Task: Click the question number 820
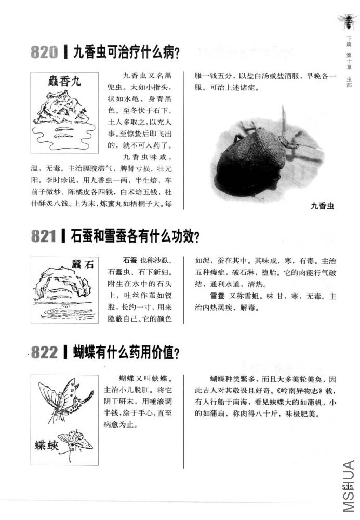tap(44, 52)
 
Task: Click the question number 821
tap(44, 236)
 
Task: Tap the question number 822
tap(45, 352)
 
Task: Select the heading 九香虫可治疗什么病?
tap(126, 52)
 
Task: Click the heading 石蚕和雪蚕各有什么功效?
tap(135, 236)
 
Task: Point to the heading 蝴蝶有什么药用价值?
tap(126, 352)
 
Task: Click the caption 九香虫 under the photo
tap(322, 206)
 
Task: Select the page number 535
tap(347, 487)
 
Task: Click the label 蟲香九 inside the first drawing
tap(64, 81)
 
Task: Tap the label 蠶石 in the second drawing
tap(83, 264)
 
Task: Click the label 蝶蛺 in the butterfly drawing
tap(46, 445)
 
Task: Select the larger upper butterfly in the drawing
tap(64, 399)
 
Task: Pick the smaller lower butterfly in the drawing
tap(75, 443)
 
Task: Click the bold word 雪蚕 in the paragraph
tap(217, 296)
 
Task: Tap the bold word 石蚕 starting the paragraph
tap(130, 260)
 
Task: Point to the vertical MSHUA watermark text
tap(349, 486)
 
